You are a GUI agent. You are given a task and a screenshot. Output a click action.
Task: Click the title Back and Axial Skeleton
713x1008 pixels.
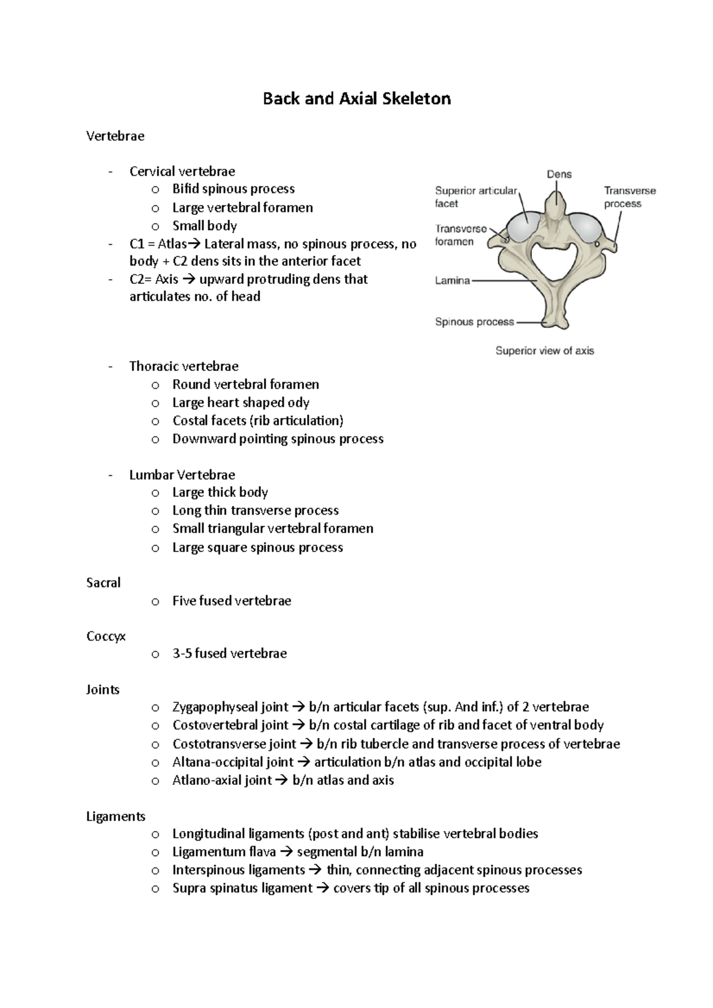click(356, 99)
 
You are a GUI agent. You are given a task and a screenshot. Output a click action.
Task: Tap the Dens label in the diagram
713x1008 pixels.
click(559, 175)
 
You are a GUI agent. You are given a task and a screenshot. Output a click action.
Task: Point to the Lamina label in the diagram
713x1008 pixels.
click(452, 281)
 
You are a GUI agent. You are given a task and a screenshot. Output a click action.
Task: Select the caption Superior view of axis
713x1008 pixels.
click(545, 351)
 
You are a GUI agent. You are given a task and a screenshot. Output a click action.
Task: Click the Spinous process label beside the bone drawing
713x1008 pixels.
click(474, 322)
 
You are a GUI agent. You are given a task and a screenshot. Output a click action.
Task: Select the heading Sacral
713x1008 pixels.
click(103, 583)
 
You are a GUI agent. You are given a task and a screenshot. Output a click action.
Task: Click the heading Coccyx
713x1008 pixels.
click(106, 636)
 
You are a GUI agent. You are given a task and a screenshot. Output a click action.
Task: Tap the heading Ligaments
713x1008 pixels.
click(115, 817)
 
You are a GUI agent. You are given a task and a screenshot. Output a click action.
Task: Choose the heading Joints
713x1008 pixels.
click(103, 690)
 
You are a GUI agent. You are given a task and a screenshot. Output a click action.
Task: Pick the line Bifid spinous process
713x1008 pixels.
click(234, 189)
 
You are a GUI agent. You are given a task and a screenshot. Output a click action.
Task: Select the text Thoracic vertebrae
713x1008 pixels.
click(184, 366)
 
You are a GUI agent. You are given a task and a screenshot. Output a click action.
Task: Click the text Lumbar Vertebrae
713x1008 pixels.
click(182, 475)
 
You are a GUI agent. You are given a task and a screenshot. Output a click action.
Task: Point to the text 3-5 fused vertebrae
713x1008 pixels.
click(229, 654)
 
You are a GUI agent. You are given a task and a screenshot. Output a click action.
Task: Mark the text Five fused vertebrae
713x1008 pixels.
click(232, 601)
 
